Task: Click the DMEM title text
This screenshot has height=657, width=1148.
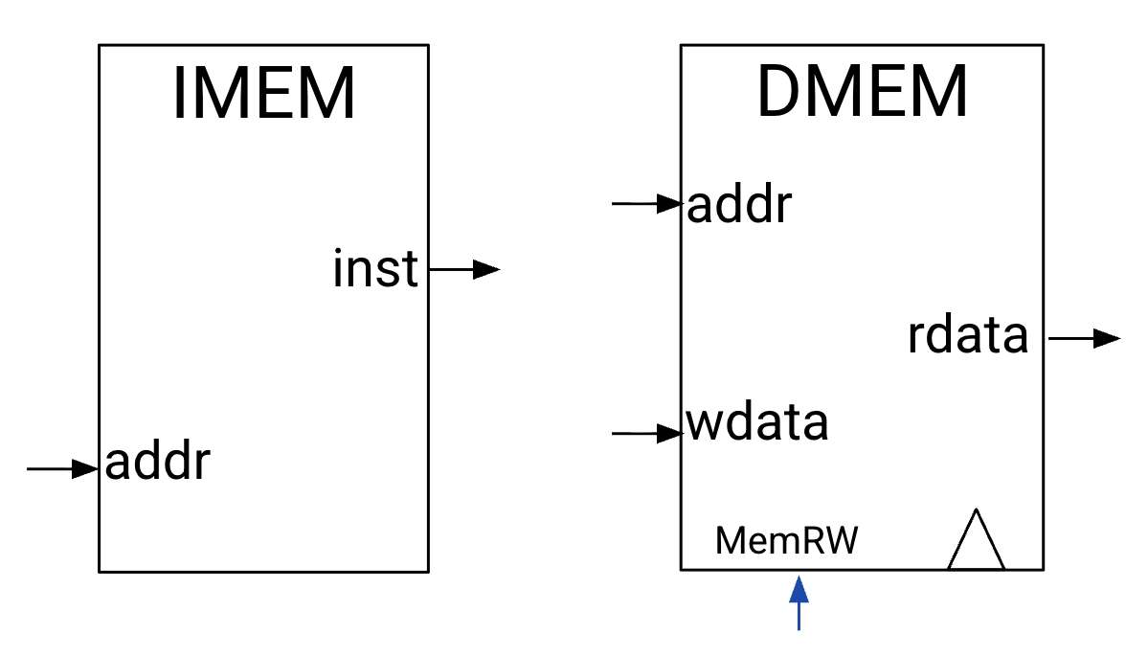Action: click(x=862, y=94)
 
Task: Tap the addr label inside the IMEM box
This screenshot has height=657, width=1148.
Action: click(x=157, y=464)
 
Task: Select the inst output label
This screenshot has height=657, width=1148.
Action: click(x=375, y=269)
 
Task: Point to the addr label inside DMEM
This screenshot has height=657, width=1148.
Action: click(x=739, y=205)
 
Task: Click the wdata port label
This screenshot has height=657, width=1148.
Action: click(x=756, y=422)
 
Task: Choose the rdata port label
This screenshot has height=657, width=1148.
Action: click(x=967, y=336)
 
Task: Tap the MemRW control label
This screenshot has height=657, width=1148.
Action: click(x=787, y=541)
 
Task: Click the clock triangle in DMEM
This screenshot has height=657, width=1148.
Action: click(x=976, y=542)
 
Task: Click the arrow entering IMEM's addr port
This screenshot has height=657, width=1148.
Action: click(x=63, y=468)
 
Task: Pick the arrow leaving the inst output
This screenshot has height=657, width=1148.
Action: click(x=464, y=270)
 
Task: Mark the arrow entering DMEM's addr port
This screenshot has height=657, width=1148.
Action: click(x=646, y=203)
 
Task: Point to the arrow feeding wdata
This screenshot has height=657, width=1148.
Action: click(x=646, y=434)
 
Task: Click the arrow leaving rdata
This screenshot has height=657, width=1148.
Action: click(x=1084, y=338)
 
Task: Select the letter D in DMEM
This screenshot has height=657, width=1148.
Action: click(x=780, y=94)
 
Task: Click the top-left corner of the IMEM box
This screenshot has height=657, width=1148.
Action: click(x=99, y=44)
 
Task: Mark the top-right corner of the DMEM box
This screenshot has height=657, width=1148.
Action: click(x=1043, y=44)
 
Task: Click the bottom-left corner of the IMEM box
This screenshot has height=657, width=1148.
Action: click(x=99, y=572)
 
